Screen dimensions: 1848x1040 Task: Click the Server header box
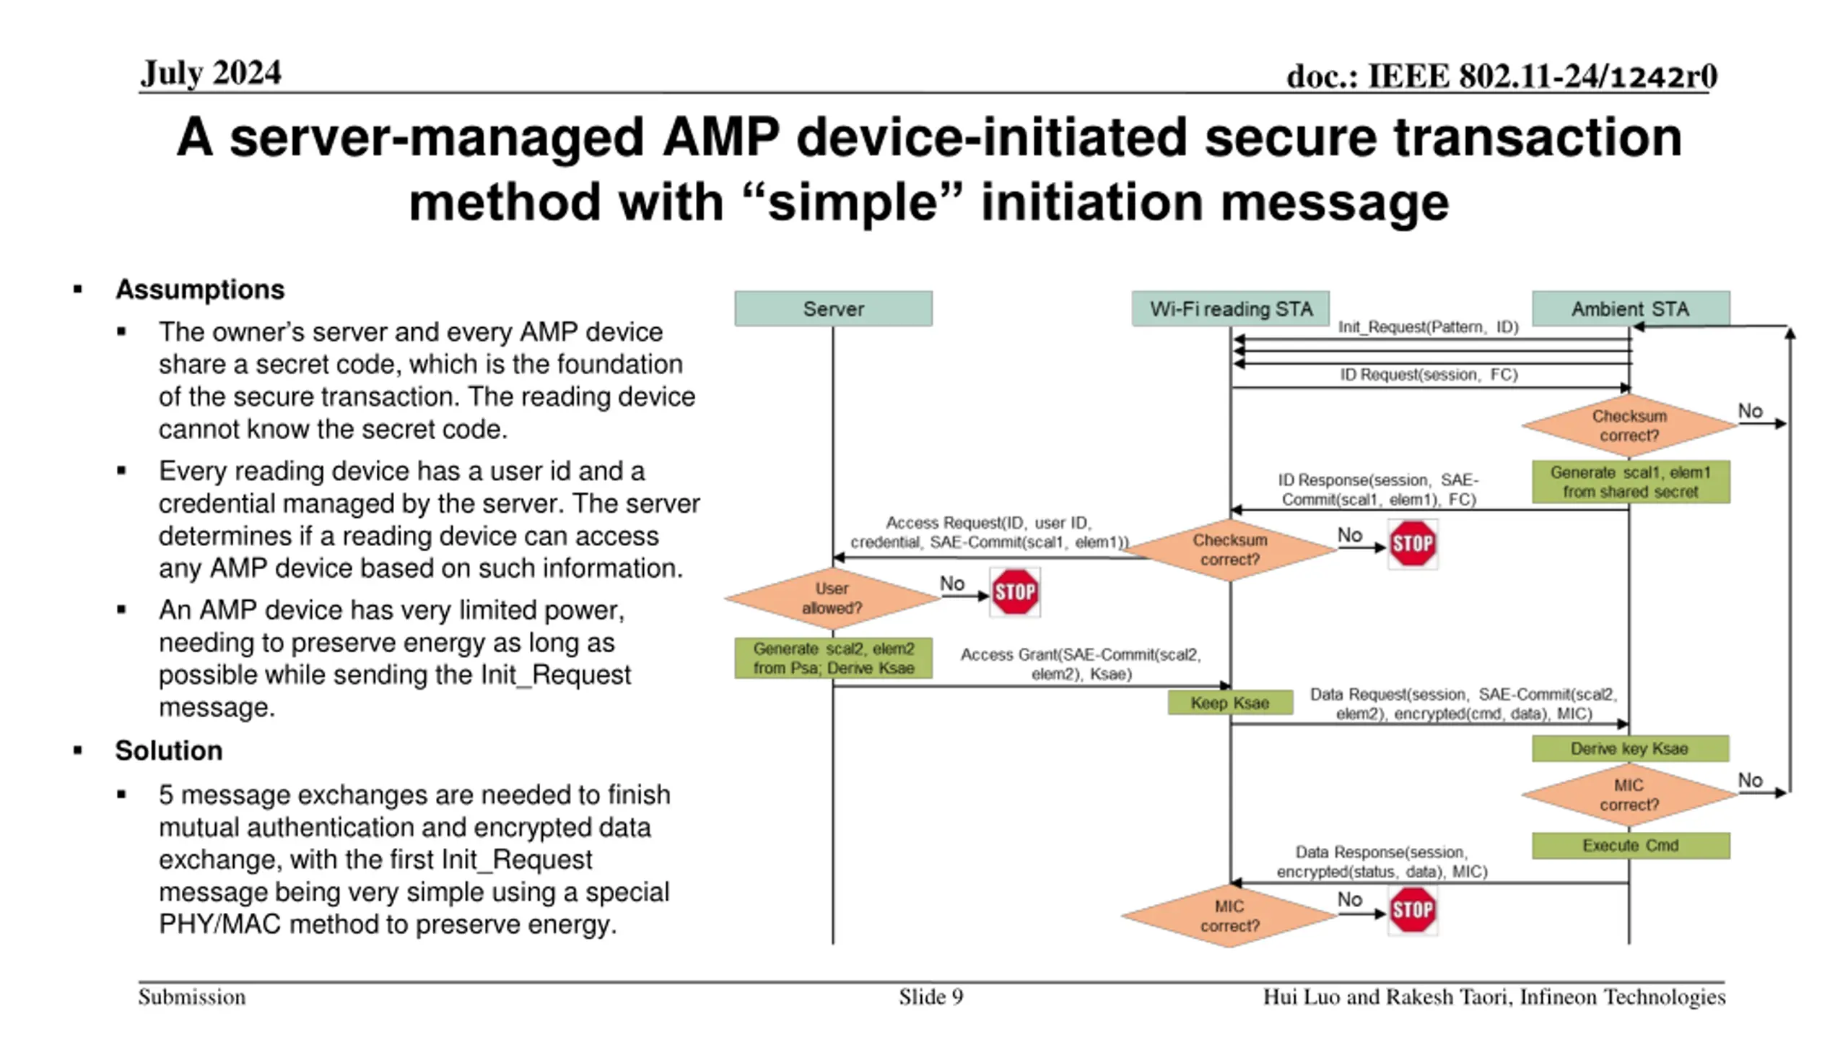pos(833,308)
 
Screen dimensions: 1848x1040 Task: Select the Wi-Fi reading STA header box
pos(1230,308)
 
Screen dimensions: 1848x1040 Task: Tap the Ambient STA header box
pos(1631,308)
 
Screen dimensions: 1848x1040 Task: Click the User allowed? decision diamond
pos(832,598)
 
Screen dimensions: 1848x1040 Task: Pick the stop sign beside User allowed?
pos(1015,592)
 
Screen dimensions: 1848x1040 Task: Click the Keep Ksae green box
pos(1230,703)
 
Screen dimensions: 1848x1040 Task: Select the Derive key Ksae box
pos(1630,748)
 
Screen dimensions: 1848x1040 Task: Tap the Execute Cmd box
pos(1631,845)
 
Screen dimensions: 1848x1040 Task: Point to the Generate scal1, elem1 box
pos(1631,482)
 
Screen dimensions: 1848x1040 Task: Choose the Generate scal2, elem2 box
pos(833,658)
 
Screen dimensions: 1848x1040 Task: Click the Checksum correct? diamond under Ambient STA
pos(1629,425)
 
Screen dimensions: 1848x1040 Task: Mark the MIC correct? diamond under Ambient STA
pos(1629,794)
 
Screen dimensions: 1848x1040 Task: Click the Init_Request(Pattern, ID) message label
pos(1428,326)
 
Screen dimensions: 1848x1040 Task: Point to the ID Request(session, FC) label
pos(1429,374)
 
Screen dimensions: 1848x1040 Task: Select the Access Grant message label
pos(1081,664)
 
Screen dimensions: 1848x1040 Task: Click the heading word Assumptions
pos(200,289)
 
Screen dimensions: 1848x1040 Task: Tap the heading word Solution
pos(168,750)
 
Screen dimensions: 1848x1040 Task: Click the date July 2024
pos(211,73)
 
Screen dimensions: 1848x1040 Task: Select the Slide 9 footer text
pos(930,997)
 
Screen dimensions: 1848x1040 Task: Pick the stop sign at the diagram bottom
pos(1413,910)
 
